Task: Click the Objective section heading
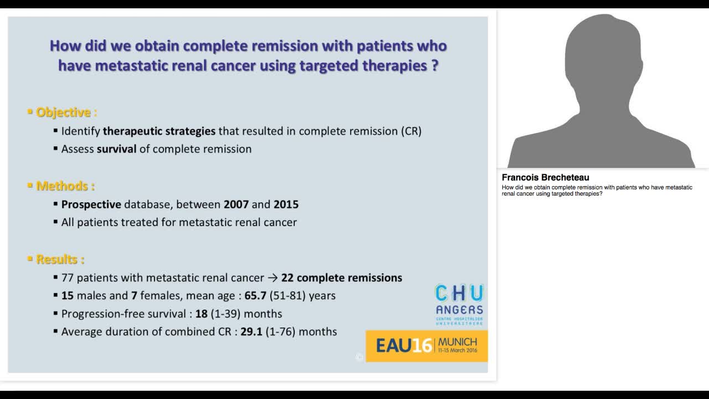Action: (x=66, y=112)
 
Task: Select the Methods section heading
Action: (x=65, y=186)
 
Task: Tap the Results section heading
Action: (x=60, y=259)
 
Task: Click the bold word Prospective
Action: (x=91, y=204)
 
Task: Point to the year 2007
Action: (x=236, y=204)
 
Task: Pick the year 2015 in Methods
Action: (x=286, y=204)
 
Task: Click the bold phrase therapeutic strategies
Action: (x=159, y=131)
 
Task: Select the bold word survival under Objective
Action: (x=116, y=149)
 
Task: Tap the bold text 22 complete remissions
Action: (x=341, y=278)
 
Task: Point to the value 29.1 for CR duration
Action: (x=251, y=332)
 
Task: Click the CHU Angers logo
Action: (x=459, y=304)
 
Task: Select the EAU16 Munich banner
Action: (x=427, y=346)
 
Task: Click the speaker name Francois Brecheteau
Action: (x=545, y=178)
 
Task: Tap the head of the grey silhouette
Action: (x=602, y=55)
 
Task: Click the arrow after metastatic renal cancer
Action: (x=273, y=278)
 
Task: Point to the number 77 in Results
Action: (x=68, y=278)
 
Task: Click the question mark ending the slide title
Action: (x=434, y=65)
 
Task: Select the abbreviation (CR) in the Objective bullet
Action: (x=410, y=131)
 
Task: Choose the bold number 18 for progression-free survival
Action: (x=201, y=314)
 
